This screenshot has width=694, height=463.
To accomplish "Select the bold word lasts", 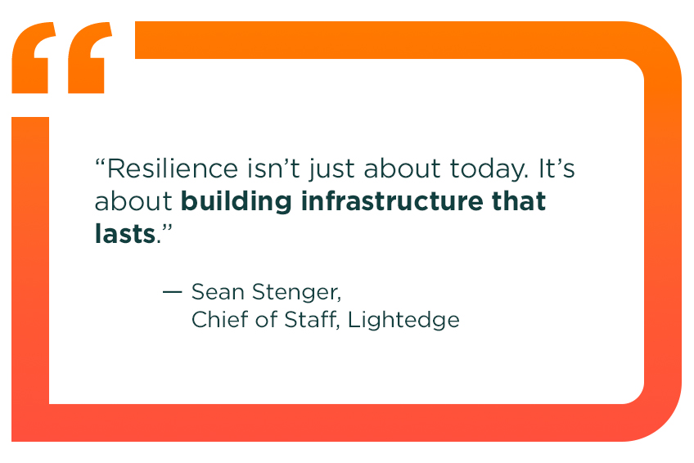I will pyautogui.click(x=124, y=233).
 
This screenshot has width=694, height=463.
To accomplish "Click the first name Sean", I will pyautogui.click(x=216, y=292).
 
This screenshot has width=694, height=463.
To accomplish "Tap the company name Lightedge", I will pyautogui.click(x=403, y=320).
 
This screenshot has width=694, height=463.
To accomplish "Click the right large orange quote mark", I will pyautogui.click(x=88, y=57).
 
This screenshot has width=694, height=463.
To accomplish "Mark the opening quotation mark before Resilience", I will pyautogui.click(x=101, y=163).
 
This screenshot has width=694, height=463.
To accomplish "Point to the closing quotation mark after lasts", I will pyautogui.click(x=167, y=227).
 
